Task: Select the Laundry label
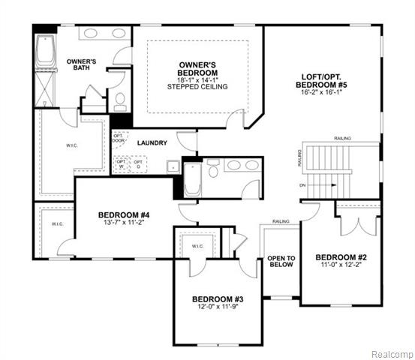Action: tap(152, 142)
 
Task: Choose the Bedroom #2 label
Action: tap(340, 255)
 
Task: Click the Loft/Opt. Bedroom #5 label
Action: tap(322, 81)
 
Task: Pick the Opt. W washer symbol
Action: tap(122, 163)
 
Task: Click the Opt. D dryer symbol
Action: tap(138, 163)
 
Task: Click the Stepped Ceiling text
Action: tap(197, 87)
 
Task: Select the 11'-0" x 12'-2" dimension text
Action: tap(340, 264)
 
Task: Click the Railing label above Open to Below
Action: tap(281, 222)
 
